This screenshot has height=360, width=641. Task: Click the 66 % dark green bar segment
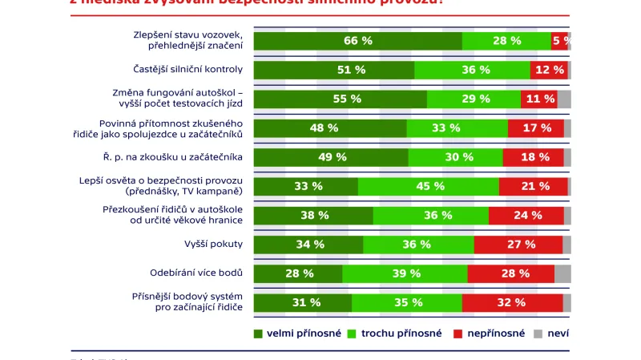coord(357,40)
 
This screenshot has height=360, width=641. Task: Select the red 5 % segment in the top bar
coord(560,40)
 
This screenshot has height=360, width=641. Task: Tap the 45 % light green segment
coord(428,186)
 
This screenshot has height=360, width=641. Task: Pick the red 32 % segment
coord(511,302)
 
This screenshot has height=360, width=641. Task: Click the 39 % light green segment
coord(405,273)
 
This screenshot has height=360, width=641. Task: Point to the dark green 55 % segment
coord(340,99)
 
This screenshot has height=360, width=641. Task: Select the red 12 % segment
coord(549,70)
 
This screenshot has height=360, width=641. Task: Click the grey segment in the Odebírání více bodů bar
coord(562,273)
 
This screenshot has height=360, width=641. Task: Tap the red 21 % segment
coord(533,186)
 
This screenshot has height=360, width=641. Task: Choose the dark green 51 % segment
coord(334,70)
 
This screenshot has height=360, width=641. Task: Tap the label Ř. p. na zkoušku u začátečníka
coord(184,157)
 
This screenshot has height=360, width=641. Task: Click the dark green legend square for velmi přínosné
coord(258,333)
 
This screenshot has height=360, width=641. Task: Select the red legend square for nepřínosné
coord(459,333)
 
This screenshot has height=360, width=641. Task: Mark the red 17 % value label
coord(535,127)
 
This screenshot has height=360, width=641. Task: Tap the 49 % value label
coord(331,157)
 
